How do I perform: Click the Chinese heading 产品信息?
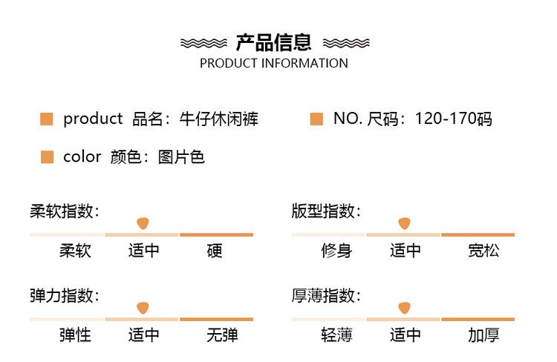click(x=273, y=42)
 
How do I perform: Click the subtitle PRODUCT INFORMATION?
click(x=274, y=64)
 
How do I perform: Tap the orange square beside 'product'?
click(x=47, y=119)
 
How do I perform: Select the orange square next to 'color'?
click(x=47, y=157)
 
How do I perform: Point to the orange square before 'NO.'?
click(x=316, y=119)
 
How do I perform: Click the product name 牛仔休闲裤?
click(x=219, y=119)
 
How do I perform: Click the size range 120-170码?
click(x=453, y=119)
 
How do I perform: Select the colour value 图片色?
click(x=181, y=157)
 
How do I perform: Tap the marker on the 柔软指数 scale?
click(x=143, y=223)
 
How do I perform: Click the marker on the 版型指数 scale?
click(x=404, y=223)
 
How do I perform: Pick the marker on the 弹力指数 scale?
click(x=143, y=308)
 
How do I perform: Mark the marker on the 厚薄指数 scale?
click(x=404, y=308)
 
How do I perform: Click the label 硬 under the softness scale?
click(x=215, y=251)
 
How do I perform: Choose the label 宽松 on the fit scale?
click(x=483, y=251)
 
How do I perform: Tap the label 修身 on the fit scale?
click(x=336, y=251)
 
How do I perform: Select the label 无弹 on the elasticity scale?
click(x=222, y=335)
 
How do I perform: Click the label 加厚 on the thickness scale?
click(x=483, y=335)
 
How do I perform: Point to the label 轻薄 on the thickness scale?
click(x=336, y=335)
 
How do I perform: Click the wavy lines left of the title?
click(x=203, y=43)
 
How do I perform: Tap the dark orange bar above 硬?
click(x=216, y=234)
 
